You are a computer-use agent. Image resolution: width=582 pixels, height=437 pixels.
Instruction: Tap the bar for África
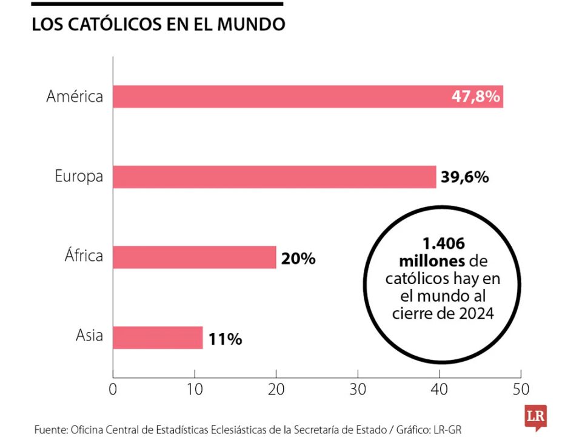tap(195, 257)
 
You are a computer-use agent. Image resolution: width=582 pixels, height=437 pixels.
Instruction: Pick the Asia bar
tap(158, 337)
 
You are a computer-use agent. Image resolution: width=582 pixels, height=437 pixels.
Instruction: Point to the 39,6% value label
tap(464, 177)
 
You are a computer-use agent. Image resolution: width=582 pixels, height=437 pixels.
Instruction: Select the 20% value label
tap(298, 258)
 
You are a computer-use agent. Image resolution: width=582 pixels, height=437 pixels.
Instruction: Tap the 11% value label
tap(225, 339)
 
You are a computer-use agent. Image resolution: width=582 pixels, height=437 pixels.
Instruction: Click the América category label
tap(75, 97)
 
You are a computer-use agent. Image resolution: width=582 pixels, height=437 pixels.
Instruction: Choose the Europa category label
tap(79, 177)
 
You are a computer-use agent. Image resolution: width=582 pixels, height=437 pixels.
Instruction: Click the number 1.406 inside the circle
tap(443, 244)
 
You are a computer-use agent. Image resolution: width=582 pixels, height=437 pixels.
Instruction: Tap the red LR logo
tap(536, 418)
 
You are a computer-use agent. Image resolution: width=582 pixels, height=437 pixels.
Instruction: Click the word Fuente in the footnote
tap(50, 429)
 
